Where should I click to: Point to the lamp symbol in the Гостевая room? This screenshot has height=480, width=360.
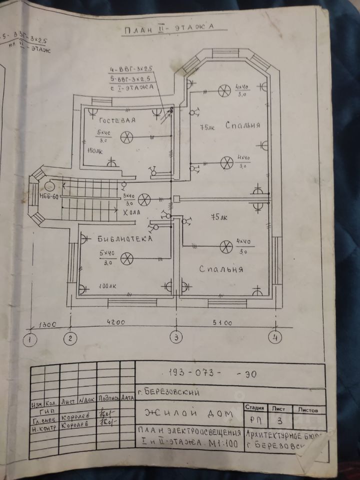click(x=128, y=135)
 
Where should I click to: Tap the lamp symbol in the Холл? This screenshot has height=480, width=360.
click(x=144, y=199)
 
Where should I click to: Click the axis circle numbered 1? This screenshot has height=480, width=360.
click(x=31, y=339)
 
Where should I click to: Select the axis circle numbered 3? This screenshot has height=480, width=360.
click(x=175, y=337)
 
